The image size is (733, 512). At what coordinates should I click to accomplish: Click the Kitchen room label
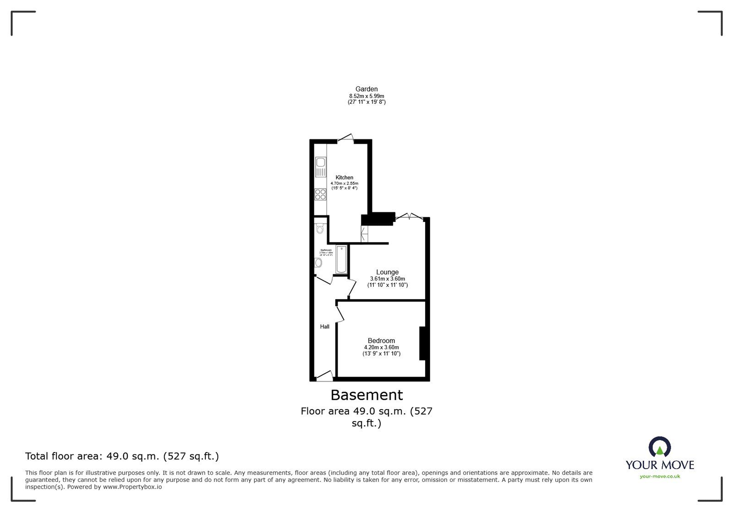click(x=344, y=178)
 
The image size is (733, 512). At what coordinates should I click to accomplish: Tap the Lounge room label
click(x=387, y=272)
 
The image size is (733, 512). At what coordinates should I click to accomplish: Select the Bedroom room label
click(x=381, y=340)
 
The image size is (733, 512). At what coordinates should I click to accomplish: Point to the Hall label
click(x=324, y=327)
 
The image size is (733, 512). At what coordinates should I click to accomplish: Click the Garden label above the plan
click(x=366, y=89)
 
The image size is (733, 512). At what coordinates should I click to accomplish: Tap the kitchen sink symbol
click(x=320, y=167)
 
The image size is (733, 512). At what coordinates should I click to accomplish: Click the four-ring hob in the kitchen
click(x=320, y=194)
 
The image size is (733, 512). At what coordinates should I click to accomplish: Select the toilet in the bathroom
click(x=320, y=228)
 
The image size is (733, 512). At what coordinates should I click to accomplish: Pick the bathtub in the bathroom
click(x=341, y=259)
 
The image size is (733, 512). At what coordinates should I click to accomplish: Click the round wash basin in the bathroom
click(x=318, y=263)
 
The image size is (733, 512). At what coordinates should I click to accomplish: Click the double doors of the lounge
click(x=409, y=216)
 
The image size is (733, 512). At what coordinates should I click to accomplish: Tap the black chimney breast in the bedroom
click(x=422, y=343)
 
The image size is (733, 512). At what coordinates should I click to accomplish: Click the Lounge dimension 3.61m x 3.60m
click(x=387, y=279)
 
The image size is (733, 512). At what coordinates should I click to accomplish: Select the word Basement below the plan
click(x=366, y=395)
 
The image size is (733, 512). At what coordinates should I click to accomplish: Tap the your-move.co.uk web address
click(x=660, y=476)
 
